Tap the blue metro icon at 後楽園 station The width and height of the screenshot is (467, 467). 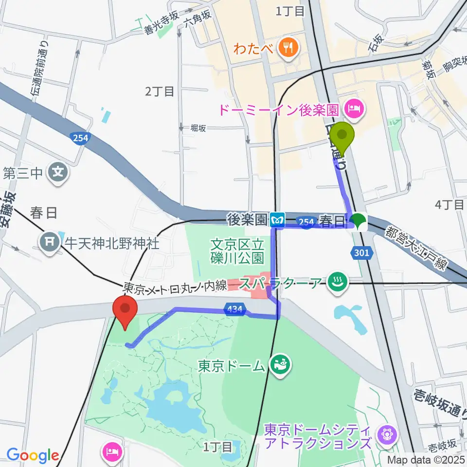[277, 220]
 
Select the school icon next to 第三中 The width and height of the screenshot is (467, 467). [58, 172]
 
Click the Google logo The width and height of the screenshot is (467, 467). [33, 455]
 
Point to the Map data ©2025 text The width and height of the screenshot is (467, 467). [426, 459]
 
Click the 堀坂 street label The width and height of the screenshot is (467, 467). [198, 128]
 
